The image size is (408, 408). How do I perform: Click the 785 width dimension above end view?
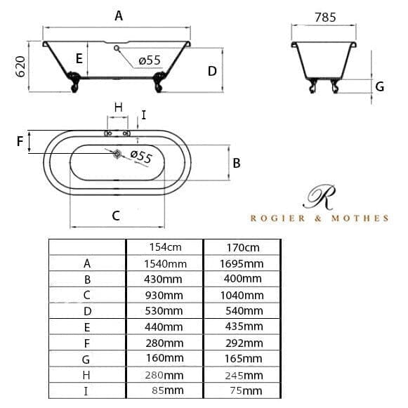(325, 18)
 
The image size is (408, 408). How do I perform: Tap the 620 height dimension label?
(21, 67)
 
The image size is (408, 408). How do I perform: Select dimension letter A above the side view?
(119, 16)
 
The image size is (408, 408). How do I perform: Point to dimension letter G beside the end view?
(380, 86)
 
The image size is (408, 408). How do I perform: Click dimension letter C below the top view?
(116, 216)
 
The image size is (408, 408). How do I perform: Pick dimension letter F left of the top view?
(20, 142)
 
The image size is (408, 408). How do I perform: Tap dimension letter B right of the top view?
(237, 164)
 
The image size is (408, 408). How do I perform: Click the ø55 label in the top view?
(141, 156)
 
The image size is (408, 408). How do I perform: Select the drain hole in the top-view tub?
(117, 154)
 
